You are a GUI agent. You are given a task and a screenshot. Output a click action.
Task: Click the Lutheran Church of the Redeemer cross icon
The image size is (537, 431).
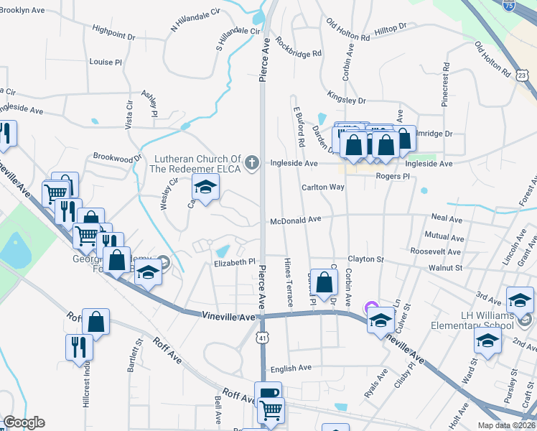click(x=251, y=163)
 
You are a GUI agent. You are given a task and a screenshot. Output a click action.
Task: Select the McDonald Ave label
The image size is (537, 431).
click(x=295, y=221)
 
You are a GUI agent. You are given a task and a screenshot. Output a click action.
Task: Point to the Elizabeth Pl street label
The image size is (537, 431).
click(x=235, y=262)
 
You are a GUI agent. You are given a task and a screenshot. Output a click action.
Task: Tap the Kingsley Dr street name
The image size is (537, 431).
click(x=346, y=97)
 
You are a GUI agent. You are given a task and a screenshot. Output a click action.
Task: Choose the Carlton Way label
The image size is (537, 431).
click(x=322, y=187)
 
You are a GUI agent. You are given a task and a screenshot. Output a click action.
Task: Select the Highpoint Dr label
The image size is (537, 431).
click(x=113, y=32)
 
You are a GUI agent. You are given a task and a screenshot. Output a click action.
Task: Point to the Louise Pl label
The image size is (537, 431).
click(x=106, y=62)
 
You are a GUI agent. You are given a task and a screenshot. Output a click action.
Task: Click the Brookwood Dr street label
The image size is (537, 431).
click(x=118, y=157)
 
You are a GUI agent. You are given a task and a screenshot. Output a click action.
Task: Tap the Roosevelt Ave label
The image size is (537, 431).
click(x=436, y=251)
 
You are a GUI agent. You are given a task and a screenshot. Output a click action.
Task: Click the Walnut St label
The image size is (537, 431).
click(x=445, y=267)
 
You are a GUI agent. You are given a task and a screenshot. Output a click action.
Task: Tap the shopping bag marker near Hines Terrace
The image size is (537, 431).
click(x=324, y=279)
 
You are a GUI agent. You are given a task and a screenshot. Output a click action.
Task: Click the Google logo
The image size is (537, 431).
click(x=24, y=422)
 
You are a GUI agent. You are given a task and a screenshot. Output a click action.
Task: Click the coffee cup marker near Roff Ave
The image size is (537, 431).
click(x=268, y=393)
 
